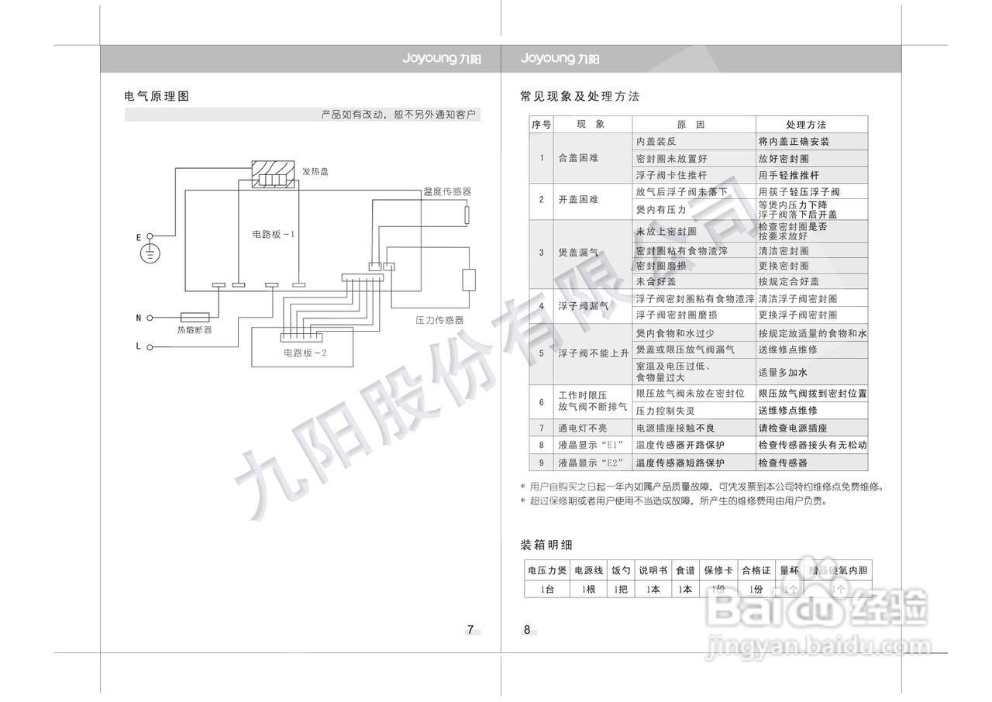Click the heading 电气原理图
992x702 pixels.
(157, 97)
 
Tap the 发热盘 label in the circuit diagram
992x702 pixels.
(315, 171)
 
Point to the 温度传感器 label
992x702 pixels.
(447, 191)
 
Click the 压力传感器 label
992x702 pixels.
(439, 319)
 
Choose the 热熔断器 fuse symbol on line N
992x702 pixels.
(195, 317)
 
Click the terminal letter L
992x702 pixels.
(139, 346)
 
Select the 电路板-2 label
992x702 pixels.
(305, 354)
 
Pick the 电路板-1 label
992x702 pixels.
(274, 233)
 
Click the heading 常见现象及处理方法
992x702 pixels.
(580, 97)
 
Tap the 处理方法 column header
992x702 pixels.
(806, 125)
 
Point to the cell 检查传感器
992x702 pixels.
(783, 463)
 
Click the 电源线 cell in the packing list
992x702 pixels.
(588, 570)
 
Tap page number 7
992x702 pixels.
(470, 629)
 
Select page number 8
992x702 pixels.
(527, 629)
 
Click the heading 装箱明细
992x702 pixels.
(546, 545)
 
